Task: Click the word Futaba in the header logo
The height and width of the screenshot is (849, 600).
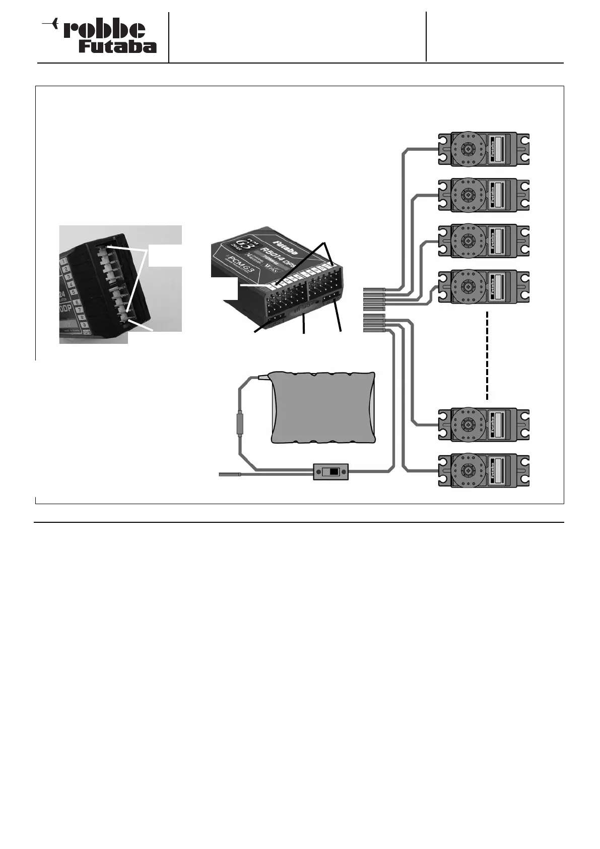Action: click(x=117, y=47)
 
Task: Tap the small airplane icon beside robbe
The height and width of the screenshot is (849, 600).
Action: click(x=50, y=23)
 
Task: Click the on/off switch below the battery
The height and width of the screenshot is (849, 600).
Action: click(x=330, y=472)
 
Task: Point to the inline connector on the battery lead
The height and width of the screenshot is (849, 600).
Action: click(x=240, y=422)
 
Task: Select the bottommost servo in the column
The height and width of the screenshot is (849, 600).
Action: click(x=484, y=471)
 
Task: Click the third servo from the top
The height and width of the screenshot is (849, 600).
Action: click(x=484, y=241)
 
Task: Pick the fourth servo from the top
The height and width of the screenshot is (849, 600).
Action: click(x=484, y=287)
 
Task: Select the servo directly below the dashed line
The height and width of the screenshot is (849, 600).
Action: click(x=484, y=424)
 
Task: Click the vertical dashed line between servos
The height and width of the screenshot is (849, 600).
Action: click(x=488, y=355)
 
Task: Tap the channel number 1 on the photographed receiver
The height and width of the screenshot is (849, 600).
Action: click(x=64, y=261)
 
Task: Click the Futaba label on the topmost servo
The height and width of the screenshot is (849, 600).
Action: click(x=493, y=150)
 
